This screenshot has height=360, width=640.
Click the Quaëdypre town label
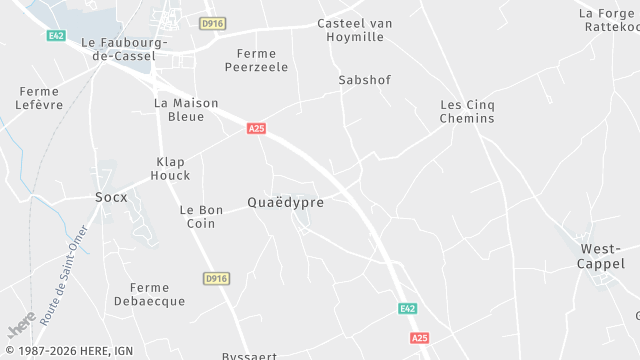point(285,202)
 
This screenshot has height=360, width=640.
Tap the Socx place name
point(111,197)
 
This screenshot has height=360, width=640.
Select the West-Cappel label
point(600,256)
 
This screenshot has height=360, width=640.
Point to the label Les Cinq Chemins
point(467,111)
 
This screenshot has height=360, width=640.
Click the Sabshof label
point(364,79)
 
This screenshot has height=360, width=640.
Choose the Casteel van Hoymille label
point(354,30)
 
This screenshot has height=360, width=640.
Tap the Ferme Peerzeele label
point(256,60)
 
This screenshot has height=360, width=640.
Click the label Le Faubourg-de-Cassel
point(124,50)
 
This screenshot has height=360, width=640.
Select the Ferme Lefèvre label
point(40,98)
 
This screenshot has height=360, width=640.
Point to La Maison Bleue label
point(179,110)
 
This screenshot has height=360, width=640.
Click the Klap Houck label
point(170,168)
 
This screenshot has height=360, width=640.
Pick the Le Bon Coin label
point(201,217)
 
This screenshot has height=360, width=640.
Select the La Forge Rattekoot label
point(608,20)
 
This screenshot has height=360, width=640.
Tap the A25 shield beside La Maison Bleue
point(257,128)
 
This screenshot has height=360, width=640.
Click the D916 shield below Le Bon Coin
point(215,278)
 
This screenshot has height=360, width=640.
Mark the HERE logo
point(21,325)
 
